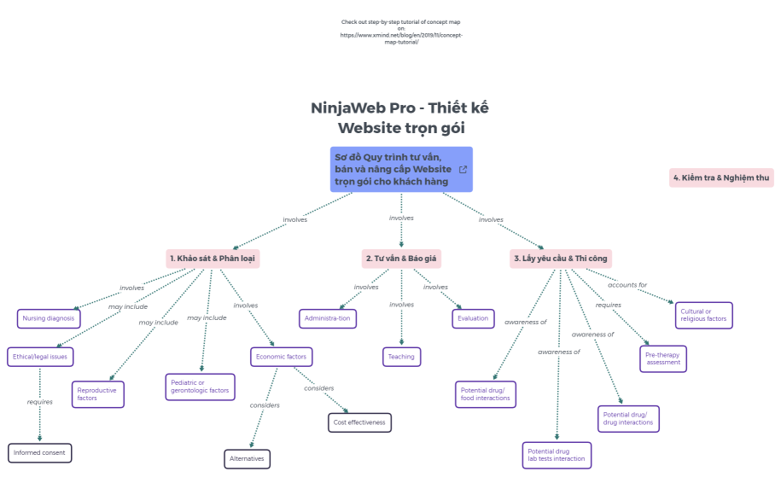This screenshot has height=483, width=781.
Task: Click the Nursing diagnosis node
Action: coord(49,318)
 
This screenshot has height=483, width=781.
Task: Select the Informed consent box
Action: coord(40,452)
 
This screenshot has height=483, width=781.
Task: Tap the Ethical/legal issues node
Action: coord(40,356)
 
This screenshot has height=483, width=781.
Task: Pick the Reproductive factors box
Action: coord(98,394)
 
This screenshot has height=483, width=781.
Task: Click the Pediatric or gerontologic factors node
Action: coord(200,387)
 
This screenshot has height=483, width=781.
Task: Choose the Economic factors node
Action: coord(283,356)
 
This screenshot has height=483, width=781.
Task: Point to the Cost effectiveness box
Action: coord(360,422)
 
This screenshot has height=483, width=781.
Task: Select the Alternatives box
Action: coord(248,459)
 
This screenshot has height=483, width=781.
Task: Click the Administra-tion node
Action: coord(328,318)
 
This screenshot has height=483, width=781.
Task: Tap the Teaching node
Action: coord(401,357)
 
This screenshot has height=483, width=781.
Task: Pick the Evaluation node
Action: coord(473,318)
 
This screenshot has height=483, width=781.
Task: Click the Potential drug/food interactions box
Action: coord(485,393)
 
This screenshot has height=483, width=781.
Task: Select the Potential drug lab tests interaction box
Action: coord(557,455)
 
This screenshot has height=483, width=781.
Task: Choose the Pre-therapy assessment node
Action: coord(663,358)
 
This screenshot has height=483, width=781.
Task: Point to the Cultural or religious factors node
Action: coord(703,315)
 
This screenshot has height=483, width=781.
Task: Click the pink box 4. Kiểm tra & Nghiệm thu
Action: coord(721,177)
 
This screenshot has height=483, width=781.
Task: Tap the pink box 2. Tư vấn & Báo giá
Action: coord(402,258)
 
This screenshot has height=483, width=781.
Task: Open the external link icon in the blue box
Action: coord(463,169)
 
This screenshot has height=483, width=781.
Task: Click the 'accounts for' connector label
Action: coord(627,285)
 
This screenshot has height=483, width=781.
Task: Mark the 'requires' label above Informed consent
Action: coord(40,401)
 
